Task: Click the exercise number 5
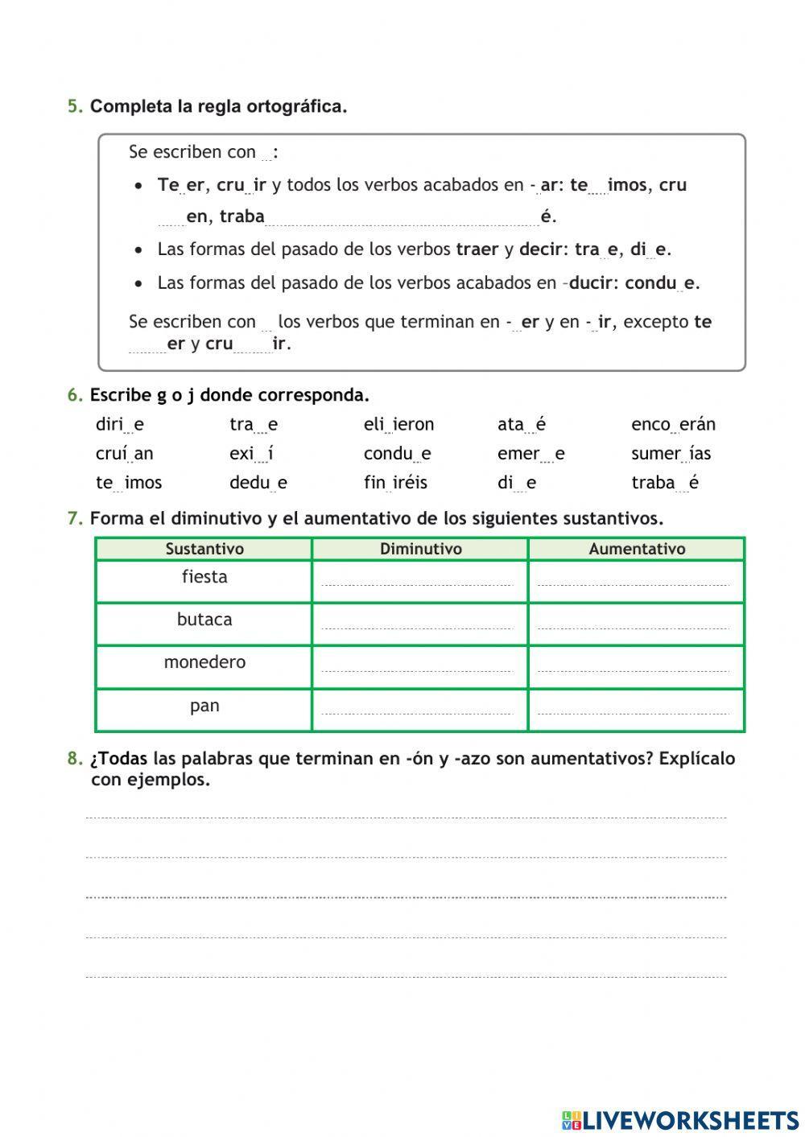(x=74, y=107)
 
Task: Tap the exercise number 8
(x=74, y=759)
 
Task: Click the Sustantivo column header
(x=204, y=549)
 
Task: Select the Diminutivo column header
(x=420, y=549)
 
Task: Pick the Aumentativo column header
(x=637, y=549)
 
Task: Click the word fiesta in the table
(x=204, y=577)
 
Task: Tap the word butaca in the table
(x=204, y=620)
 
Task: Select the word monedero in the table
(x=204, y=662)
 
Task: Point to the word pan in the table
(x=204, y=706)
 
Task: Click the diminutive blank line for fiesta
(x=417, y=583)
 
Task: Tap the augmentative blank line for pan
(x=634, y=711)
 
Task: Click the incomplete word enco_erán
(x=673, y=425)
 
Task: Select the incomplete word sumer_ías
(x=671, y=454)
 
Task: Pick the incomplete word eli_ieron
(x=398, y=425)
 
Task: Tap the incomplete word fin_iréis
(x=395, y=483)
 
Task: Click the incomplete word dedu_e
(x=258, y=483)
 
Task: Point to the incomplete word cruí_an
(x=124, y=454)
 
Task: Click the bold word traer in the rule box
(x=477, y=249)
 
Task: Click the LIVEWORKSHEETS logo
(x=680, y=1119)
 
